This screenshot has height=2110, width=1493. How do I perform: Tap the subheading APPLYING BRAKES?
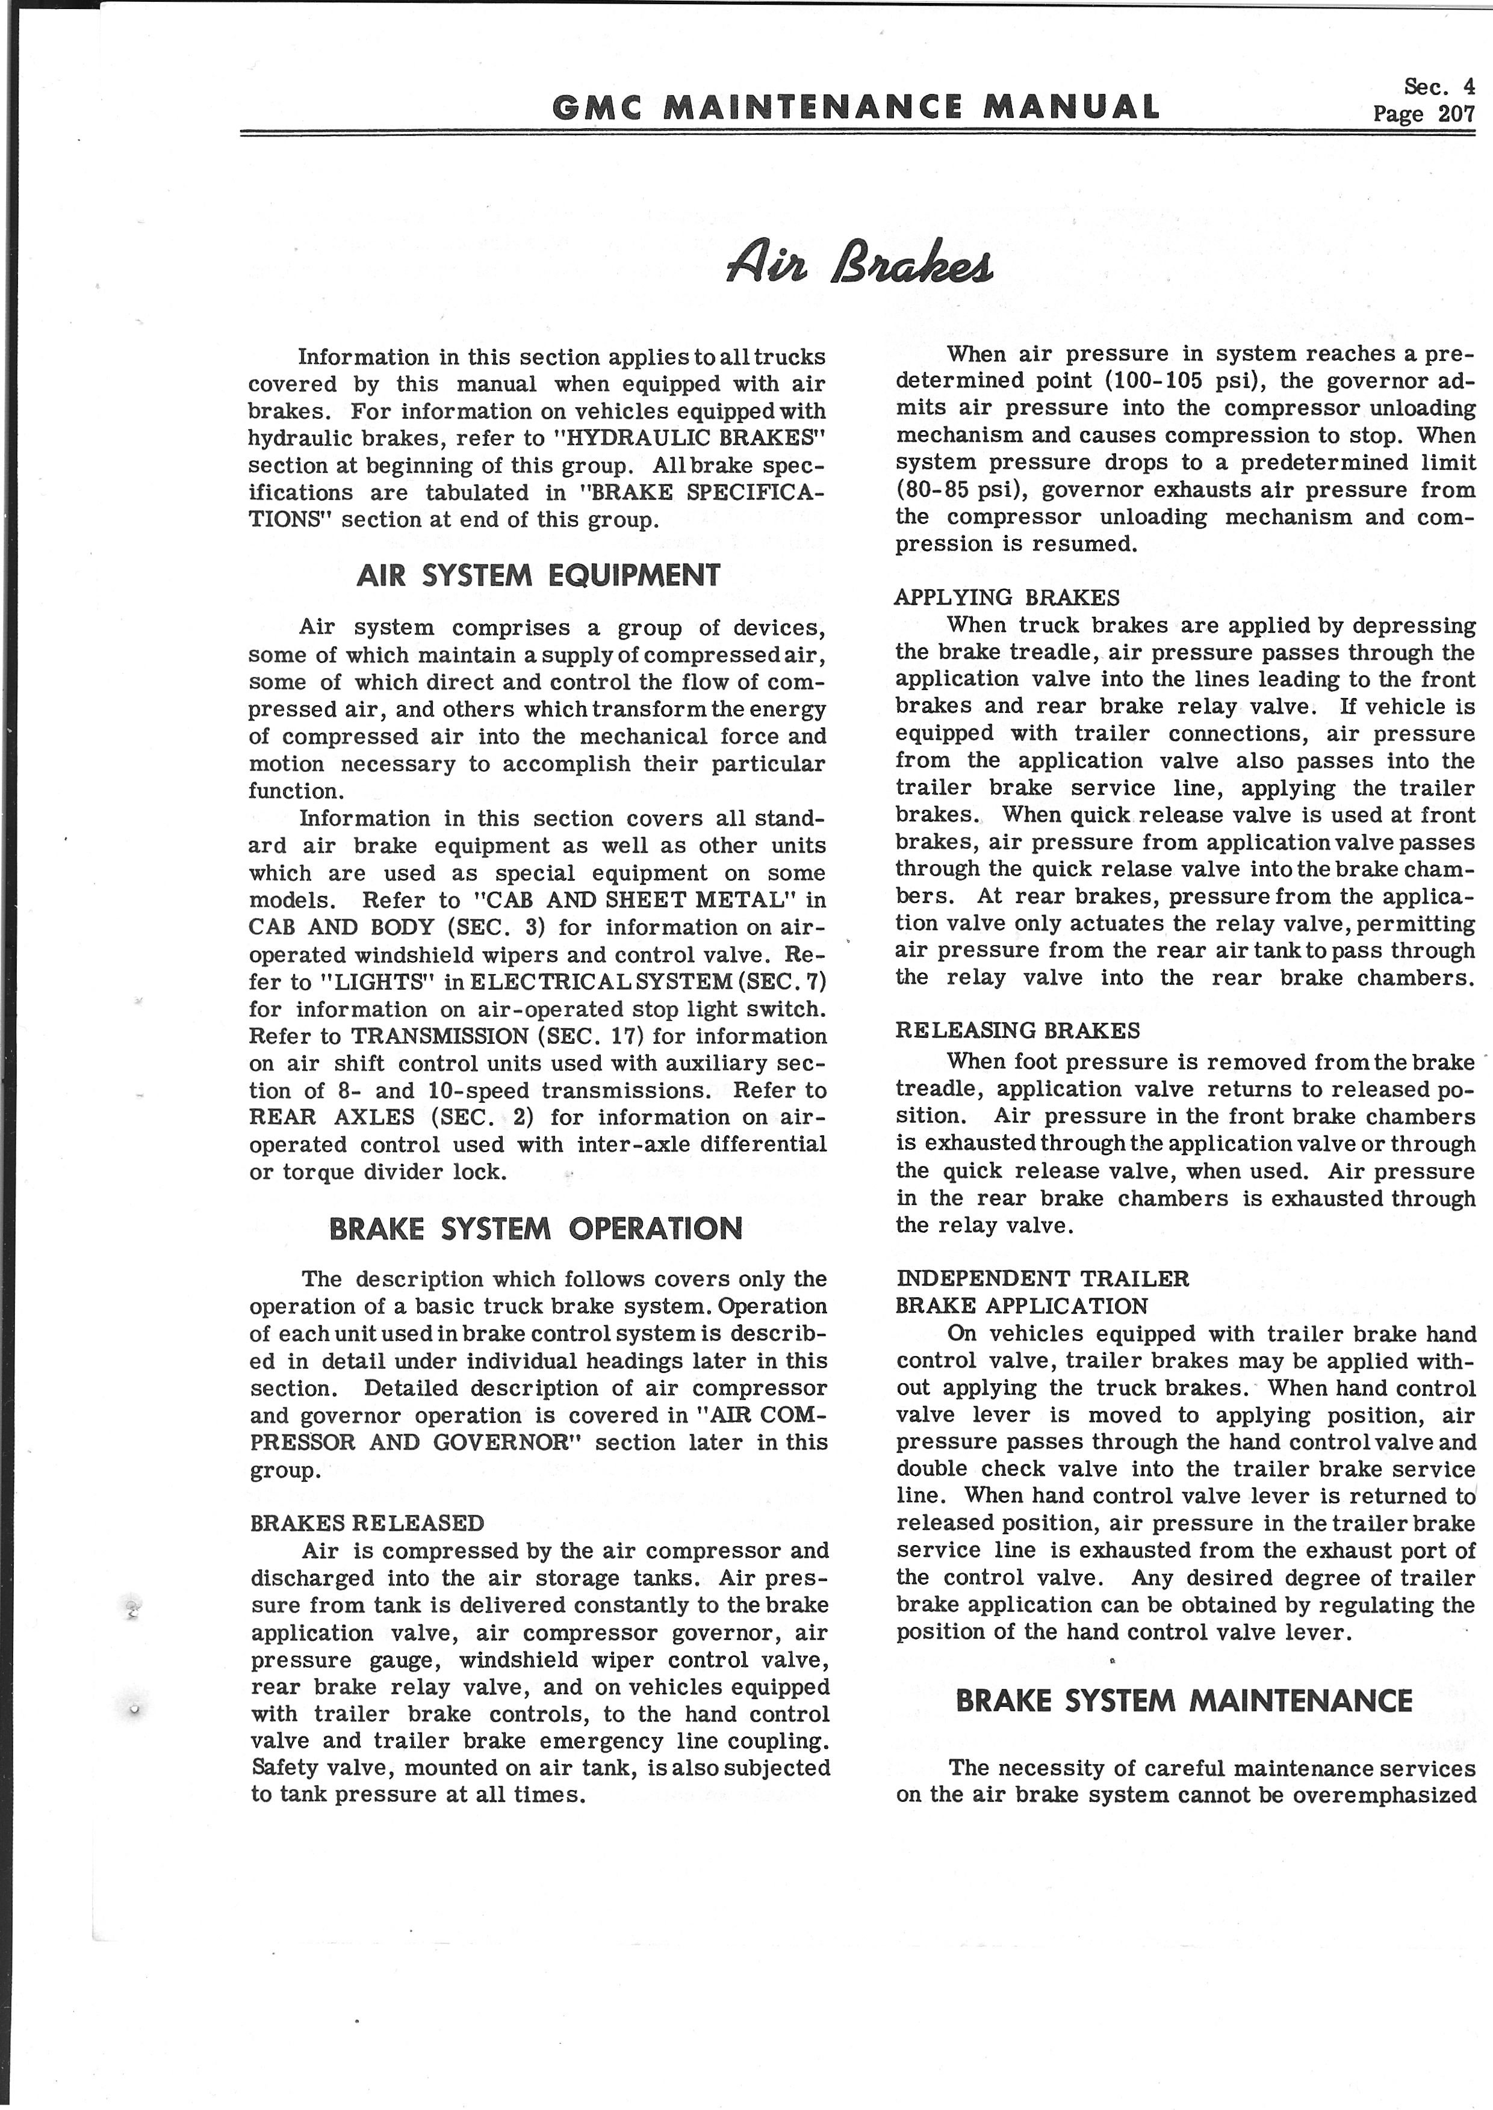(1007, 598)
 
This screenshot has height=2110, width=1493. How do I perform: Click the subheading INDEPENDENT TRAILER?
(1043, 1279)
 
